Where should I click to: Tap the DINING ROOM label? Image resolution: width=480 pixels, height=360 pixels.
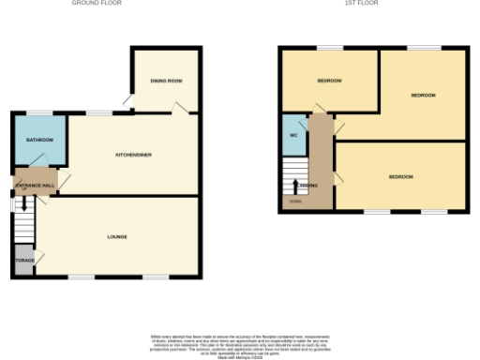coord(166,82)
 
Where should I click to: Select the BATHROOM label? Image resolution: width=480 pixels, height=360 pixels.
coord(39,141)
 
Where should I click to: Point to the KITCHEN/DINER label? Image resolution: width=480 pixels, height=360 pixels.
coord(134,153)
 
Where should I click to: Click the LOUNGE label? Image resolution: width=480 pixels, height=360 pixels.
coord(117,236)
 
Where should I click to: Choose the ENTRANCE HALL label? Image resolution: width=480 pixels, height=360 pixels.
coord(35,186)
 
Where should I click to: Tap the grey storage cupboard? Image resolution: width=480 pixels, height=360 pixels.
coord(22,260)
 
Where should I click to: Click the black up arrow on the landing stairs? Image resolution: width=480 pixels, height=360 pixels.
coord(297,185)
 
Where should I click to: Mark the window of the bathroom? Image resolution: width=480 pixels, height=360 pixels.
coord(38,113)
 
